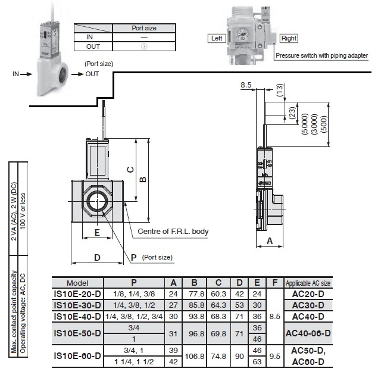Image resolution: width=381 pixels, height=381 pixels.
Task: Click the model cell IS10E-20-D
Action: pyautogui.click(x=77, y=294)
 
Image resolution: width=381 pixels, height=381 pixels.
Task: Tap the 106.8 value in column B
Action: pyautogui.click(x=194, y=356)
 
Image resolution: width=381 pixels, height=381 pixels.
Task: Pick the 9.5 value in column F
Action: pyautogui.click(x=274, y=356)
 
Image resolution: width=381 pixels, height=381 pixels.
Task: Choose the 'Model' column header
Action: pyautogui.click(x=77, y=283)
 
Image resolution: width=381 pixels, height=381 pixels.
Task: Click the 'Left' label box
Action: pyautogui.click(x=216, y=38)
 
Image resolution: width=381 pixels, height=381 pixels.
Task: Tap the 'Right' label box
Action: pyautogui.click(x=289, y=38)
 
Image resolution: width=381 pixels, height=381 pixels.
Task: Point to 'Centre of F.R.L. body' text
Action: pyautogui.click(x=173, y=231)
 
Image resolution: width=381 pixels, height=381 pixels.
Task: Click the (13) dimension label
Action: pyautogui.click(x=280, y=90)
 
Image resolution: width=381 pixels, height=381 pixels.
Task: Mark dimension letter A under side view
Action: pyautogui.click(x=270, y=241)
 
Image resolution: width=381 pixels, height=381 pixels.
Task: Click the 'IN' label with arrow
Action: pyautogui.click(x=17, y=74)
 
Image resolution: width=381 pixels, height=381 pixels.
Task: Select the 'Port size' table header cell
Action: pyautogui.click(x=144, y=28)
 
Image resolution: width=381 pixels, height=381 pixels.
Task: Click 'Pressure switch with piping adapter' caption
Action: pyautogui.click(x=321, y=55)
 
